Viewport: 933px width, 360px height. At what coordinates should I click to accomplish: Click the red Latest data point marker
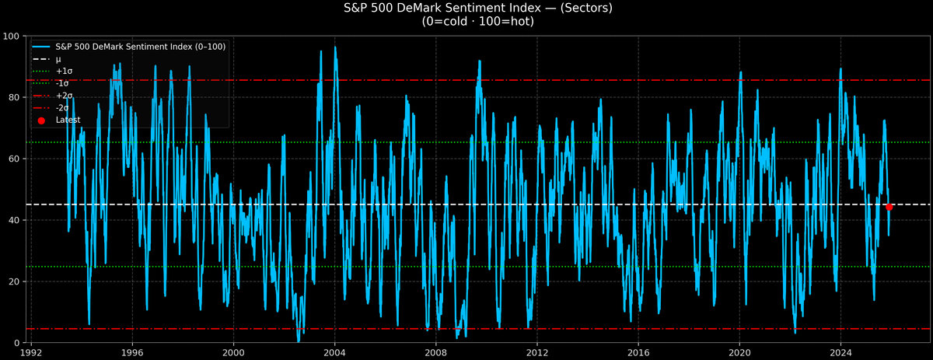coord(889,207)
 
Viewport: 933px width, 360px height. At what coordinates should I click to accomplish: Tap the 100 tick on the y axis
coord(12,37)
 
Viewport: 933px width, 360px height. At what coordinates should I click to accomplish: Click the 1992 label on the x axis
coord(31,351)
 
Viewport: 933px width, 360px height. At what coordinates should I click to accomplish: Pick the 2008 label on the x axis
coord(435,351)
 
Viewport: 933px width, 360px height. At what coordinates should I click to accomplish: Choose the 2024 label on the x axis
coord(840,351)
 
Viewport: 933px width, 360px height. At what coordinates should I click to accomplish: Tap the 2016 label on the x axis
coord(638,351)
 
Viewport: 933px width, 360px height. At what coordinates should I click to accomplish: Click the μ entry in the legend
coord(59,59)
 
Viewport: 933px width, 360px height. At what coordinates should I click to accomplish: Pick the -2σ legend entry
coord(62,108)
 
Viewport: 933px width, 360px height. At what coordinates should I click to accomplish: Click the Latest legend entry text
coord(68,121)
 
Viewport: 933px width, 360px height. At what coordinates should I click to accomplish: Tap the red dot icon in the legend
coord(42,121)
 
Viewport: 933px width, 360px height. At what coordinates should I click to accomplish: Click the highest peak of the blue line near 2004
coord(335,47)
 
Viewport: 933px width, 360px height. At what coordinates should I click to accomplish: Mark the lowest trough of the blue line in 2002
coord(299,341)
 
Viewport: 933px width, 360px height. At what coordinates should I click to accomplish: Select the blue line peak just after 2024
coord(841,68)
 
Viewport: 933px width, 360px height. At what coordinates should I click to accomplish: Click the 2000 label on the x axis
coord(233,351)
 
